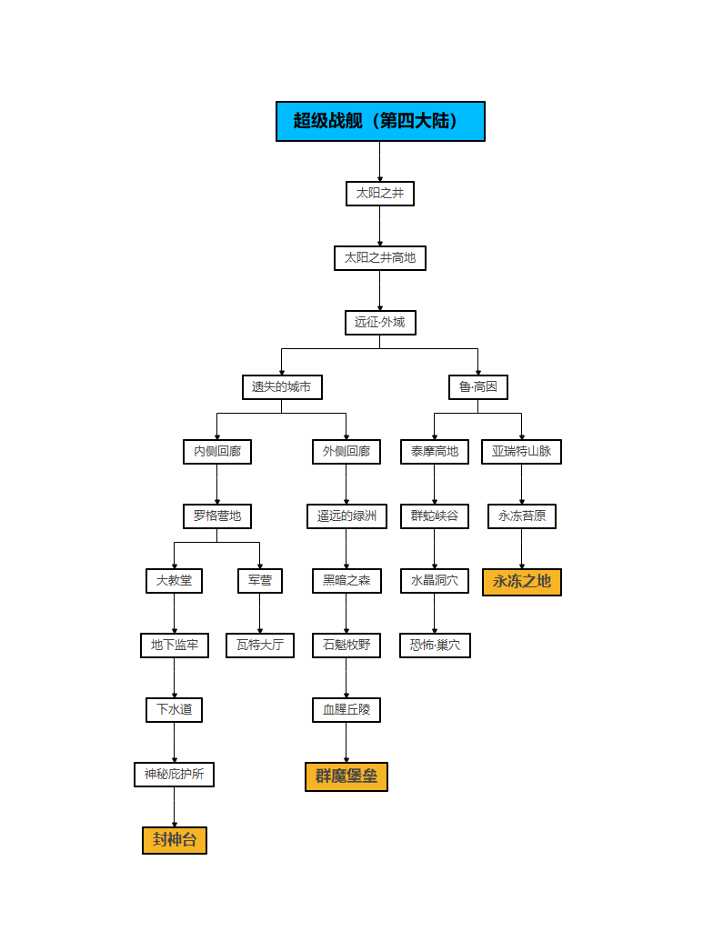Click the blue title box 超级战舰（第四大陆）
pyautogui.click(x=380, y=121)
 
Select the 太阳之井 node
pyautogui.click(x=380, y=194)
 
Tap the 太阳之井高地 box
pyautogui.click(x=380, y=258)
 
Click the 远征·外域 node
pyautogui.click(x=380, y=323)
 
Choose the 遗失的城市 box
pyautogui.click(x=282, y=387)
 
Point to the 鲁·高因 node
pyautogui.click(x=478, y=387)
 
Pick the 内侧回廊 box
pyautogui.click(x=217, y=452)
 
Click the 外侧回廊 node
pyautogui.click(x=346, y=452)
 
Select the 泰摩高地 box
pyautogui.click(x=435, y=452)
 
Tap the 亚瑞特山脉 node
pyautogui.click(x=522, y=452)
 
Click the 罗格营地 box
pyautogui.click(x=217, y=516)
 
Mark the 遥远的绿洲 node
pyautogui.click(x=346, y=516)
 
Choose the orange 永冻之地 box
pyautogui.click(x=522, y=582)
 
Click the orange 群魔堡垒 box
pyautogui.click(x=346, y=776)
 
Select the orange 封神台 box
pyautogui.click(x=175, y=840)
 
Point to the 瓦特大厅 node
pyautogui.click(x=260, y=646)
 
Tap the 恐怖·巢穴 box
pyautogui.click(x=435, y=646)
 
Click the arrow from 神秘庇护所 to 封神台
pyautogui.click(x=175, y=806)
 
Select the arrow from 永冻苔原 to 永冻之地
pyautogui.click(x=522, y=549)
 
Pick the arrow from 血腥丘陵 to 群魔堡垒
pyautogui.click(x=346, y=742)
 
